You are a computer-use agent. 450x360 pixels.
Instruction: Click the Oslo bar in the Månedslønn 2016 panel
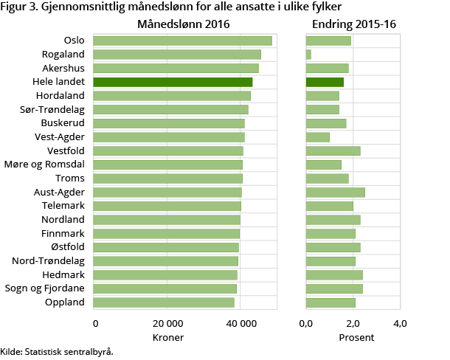click(x=183, y=41)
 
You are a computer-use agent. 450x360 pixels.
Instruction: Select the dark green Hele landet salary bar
click(x=173, y=82)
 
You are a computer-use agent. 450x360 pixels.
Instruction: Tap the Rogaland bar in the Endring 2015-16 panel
click(x=308, y=55)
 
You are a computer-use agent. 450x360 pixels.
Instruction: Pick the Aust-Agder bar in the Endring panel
click(x=335, y=193)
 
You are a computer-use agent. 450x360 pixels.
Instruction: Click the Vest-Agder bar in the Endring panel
click(x=317, y=137)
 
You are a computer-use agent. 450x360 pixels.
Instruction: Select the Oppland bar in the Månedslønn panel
click(x=165, y=302)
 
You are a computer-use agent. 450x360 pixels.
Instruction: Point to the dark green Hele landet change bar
click(x=325, y=82)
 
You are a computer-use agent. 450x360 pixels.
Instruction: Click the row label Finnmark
click(x=64, y=233)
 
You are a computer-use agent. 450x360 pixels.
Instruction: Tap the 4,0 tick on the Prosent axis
click(x=400, y=324)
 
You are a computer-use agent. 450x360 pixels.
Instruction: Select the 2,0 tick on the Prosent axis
click(x=353, y=324)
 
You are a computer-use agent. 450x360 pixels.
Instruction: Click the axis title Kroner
click(x=167, y=337)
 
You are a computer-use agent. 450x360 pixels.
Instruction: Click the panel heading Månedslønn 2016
click(x=184, y=24)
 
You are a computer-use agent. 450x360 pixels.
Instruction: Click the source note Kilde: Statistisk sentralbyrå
click(x=57, y=352)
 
